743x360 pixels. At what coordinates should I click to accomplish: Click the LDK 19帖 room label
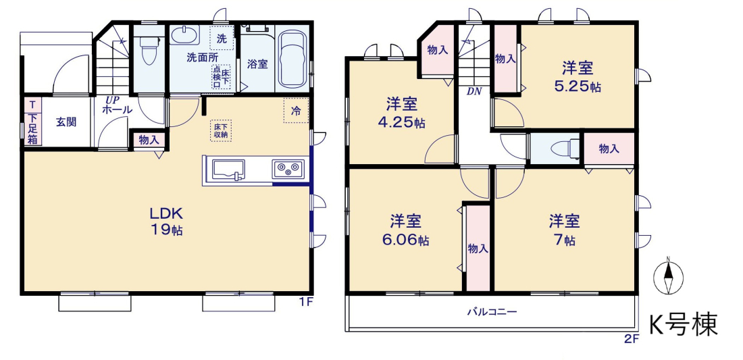pos(167,222)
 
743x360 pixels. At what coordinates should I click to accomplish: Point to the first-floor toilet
pos(149,50)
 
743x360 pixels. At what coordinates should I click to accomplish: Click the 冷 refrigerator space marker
pos(296,111)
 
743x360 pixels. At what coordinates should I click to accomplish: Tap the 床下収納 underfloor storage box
pos(221,130)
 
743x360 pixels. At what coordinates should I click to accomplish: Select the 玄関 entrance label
pos(66,122)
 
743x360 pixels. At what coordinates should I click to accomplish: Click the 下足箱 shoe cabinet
pos(32,128)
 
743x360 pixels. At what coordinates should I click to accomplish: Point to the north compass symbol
pos(667,276)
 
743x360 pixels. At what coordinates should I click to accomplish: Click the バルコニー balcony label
pos(492,312)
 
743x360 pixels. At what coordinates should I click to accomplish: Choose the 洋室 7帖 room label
pos(565,230)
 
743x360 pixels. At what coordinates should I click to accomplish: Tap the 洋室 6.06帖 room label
pos(406,230)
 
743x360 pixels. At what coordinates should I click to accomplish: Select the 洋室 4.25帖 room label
pos(401,113)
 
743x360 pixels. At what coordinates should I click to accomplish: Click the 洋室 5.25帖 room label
pos(578,77)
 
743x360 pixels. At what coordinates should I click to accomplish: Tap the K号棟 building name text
pos(683,325)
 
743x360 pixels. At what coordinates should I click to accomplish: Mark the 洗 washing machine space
pos(222,38)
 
